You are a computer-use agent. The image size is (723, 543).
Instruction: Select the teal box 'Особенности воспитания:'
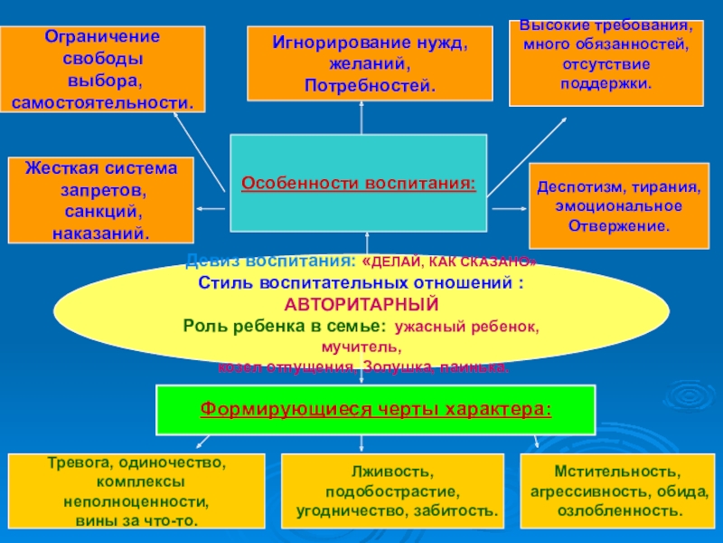[358, 184]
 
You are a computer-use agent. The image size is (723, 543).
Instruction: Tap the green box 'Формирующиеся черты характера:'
[375, 408]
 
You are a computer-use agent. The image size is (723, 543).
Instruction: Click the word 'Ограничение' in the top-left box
[102, 37]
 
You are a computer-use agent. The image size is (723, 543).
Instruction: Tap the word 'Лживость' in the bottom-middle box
[391, 472]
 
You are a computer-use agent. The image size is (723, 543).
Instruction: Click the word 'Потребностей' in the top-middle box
[369, 86]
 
